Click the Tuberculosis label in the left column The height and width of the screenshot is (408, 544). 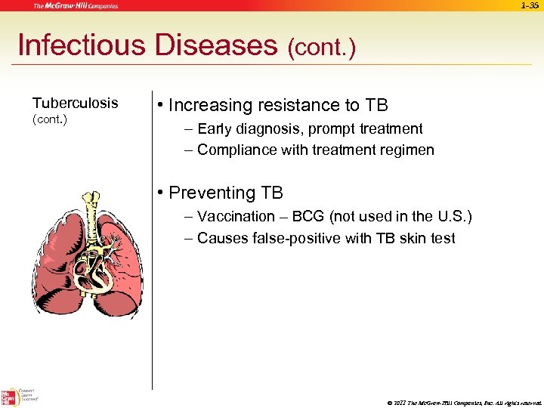[x=75, y=103]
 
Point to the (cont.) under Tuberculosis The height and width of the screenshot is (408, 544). [x=50, y=119]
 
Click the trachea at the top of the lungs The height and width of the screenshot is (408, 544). [x=91, y=208]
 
